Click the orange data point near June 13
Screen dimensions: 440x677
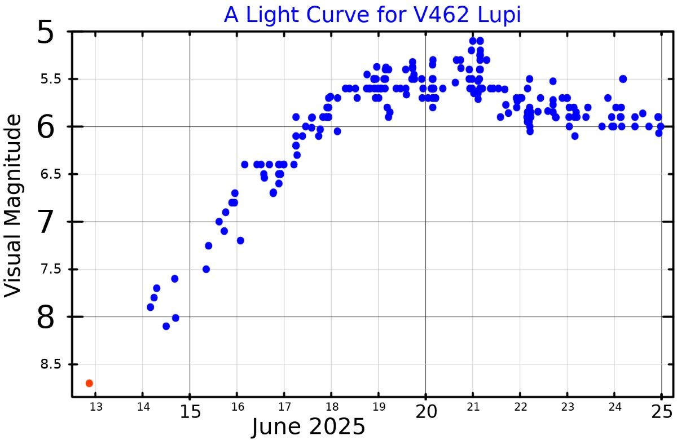89,383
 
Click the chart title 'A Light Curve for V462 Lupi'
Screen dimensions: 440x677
372,15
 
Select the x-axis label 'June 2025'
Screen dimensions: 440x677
308,427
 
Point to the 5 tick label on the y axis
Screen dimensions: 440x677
46,33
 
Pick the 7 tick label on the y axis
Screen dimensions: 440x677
46,223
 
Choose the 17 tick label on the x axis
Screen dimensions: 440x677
284,407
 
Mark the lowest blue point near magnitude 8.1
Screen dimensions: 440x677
166,326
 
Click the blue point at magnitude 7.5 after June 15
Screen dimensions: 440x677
206,269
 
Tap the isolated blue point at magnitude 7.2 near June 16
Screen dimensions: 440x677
240,240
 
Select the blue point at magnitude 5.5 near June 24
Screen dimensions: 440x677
623,79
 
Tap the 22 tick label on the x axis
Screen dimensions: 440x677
520,407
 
